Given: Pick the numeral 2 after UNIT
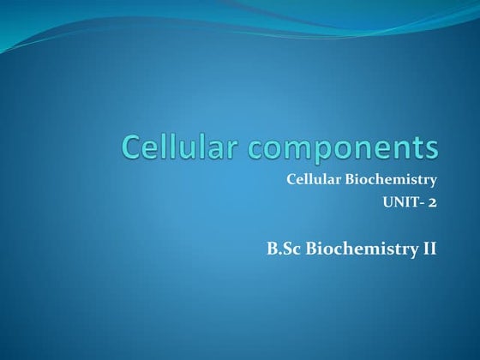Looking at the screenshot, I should [x=433, y=202].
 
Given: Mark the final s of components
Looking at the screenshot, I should [x=430, y=149].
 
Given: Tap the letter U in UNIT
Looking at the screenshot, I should [x=387, y=202].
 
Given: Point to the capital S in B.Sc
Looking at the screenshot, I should [x=286, y=249].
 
